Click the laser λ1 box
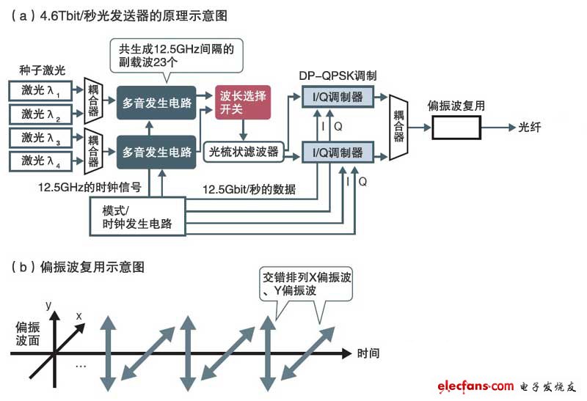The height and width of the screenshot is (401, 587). click(x=43, y=92)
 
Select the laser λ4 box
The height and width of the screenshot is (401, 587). click(x=43, y=161)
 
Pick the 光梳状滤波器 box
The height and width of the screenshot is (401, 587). click(x=244, y=152)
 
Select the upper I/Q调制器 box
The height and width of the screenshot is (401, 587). click(x=337, y=96)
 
